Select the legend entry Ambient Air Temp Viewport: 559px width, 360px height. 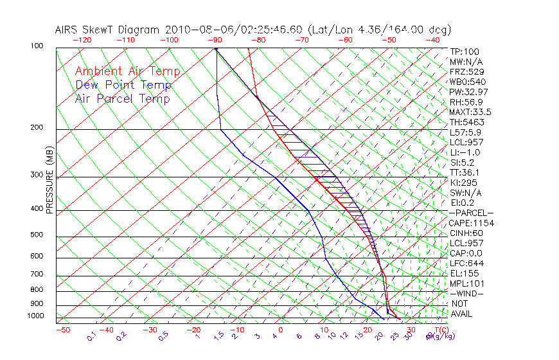pos(127,71)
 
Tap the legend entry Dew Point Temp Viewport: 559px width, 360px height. pos(123,85)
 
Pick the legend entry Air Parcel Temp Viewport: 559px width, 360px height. pos(122,98)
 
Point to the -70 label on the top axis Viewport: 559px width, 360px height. pos(301,39)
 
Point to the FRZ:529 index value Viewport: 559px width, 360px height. pos(465,72)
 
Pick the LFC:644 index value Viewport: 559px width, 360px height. pos(466,264)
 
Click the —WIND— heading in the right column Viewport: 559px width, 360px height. pos(467,293)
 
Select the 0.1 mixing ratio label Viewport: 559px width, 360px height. pos(92,336)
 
